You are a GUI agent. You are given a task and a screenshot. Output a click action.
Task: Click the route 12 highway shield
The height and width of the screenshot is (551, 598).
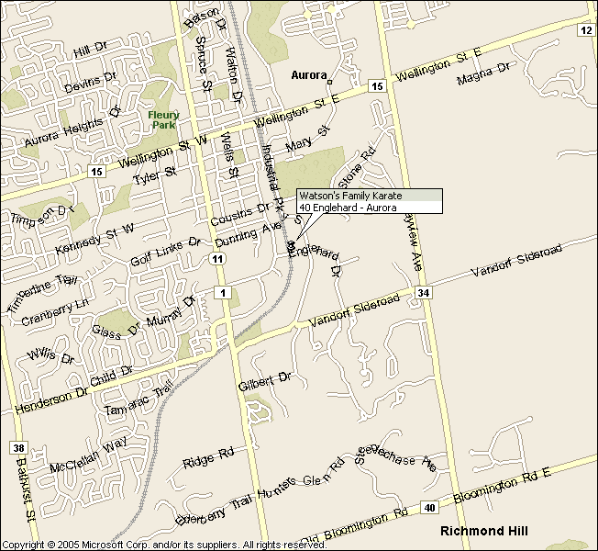click(x=586, y=30)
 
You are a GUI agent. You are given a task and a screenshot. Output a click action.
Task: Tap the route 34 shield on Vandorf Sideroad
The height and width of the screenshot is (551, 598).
click(x=422, y=293)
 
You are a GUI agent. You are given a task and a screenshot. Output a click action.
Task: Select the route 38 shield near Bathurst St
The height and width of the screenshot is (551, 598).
click(x=19, y=449)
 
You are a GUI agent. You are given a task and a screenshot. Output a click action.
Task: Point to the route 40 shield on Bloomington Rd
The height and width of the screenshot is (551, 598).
click(x=430, y=507)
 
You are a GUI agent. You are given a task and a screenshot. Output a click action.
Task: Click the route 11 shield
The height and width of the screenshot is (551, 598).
click(x=217, y=260)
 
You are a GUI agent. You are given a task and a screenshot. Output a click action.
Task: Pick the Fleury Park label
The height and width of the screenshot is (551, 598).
click(x=163, y=119)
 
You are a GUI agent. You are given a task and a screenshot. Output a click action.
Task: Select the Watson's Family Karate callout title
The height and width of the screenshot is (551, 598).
click(x=350, y=196)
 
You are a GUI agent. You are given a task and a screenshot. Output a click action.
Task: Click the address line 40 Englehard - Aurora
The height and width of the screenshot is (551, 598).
click(x=348, y=208)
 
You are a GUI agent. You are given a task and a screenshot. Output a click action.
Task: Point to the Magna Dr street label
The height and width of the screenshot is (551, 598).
click(x=483, y=73)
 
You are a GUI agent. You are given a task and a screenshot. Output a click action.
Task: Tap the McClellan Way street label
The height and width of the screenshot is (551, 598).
click(x=88, y=455)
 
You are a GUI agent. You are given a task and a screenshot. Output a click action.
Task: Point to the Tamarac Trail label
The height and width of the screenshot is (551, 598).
click(x=138, y=401)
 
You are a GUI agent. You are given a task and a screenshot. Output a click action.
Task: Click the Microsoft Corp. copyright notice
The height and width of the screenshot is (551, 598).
click(x=165, y=545)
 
